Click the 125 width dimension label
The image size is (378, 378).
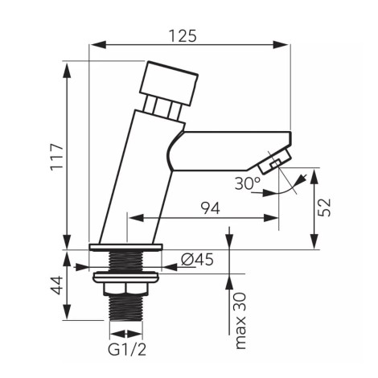(x=183, y=36)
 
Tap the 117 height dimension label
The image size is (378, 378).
(x=57, y=158)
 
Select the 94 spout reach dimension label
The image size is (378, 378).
(x=211, y=208)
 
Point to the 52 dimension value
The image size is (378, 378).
(x=324, y=207)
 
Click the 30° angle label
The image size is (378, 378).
(x=248, y=183)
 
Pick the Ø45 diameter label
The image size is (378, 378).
(x=197, y=259)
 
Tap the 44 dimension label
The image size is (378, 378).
(x=57, y=286)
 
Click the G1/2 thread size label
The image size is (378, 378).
(x=127, y=350)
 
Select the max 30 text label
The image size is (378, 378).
(x=240, y=321)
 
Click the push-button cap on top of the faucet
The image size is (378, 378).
(x=169, y=84)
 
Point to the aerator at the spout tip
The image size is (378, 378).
(x=275, y=162)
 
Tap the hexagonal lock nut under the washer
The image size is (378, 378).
(x=125, y=290)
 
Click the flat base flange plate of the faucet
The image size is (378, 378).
(x=125, y=247)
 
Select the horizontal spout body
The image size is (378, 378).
(x=229, y=150)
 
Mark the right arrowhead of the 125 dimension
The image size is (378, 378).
(x=281, y=45)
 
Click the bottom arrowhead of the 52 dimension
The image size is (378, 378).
(x=314, y=241)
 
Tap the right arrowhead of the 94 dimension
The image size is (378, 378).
(x=271, y=218)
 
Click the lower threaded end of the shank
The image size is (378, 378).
(x=125, y=308)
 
